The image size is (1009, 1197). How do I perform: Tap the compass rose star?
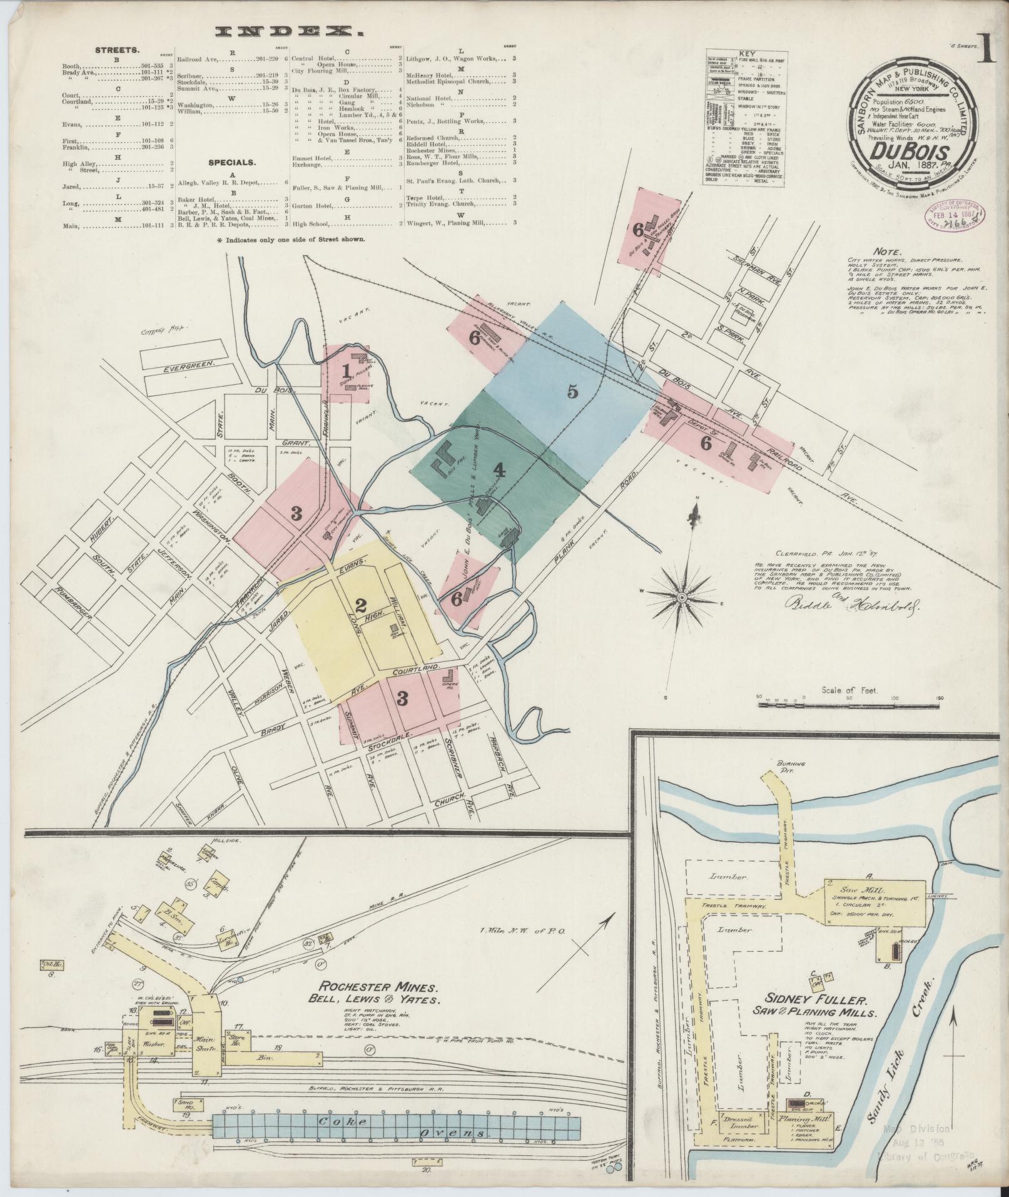[x=683, y=599]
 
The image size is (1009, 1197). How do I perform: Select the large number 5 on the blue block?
[x=572, y=392]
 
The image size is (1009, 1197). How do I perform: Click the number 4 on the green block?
[x=498, y=469]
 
